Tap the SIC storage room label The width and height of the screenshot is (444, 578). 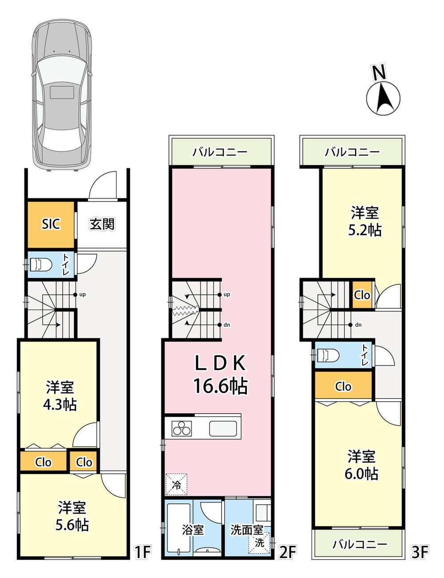click(51, 224)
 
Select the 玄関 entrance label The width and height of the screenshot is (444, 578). click(102, 224)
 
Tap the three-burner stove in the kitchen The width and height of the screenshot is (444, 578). click(182, 428)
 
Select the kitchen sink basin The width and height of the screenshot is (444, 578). click(223, 429)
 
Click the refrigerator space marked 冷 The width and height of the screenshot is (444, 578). click(176, 484)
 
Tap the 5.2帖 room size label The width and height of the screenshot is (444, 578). click(365, 230)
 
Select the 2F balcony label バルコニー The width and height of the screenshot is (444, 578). click(220, 152)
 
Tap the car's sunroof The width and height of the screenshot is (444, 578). click(62, 92)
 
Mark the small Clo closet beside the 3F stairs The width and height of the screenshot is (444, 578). click(362, 295)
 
